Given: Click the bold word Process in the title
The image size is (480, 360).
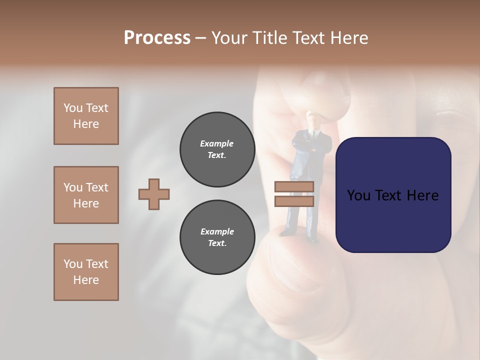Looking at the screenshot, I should point(157,38).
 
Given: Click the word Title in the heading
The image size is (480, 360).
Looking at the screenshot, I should point(269,38).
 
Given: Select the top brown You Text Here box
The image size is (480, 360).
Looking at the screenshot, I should point(86,116).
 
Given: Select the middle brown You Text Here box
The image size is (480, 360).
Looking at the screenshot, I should point(86,195).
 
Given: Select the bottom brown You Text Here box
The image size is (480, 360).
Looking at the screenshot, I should point(86,272).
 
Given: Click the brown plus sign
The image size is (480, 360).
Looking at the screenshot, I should point(154,194).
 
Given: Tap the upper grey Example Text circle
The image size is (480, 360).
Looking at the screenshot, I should point(217,149).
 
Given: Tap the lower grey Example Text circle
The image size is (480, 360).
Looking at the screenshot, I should point(217,237).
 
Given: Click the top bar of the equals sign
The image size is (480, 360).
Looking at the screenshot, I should point(294,187).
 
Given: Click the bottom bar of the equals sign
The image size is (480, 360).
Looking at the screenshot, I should point(294,201).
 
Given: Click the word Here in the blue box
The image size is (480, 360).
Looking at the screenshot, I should point(422,195).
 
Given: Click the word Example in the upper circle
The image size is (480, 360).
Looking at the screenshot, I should point(217,143).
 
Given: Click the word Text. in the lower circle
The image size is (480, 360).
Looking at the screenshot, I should point(217,243).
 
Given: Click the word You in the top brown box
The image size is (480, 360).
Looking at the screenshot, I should point(73,108).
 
